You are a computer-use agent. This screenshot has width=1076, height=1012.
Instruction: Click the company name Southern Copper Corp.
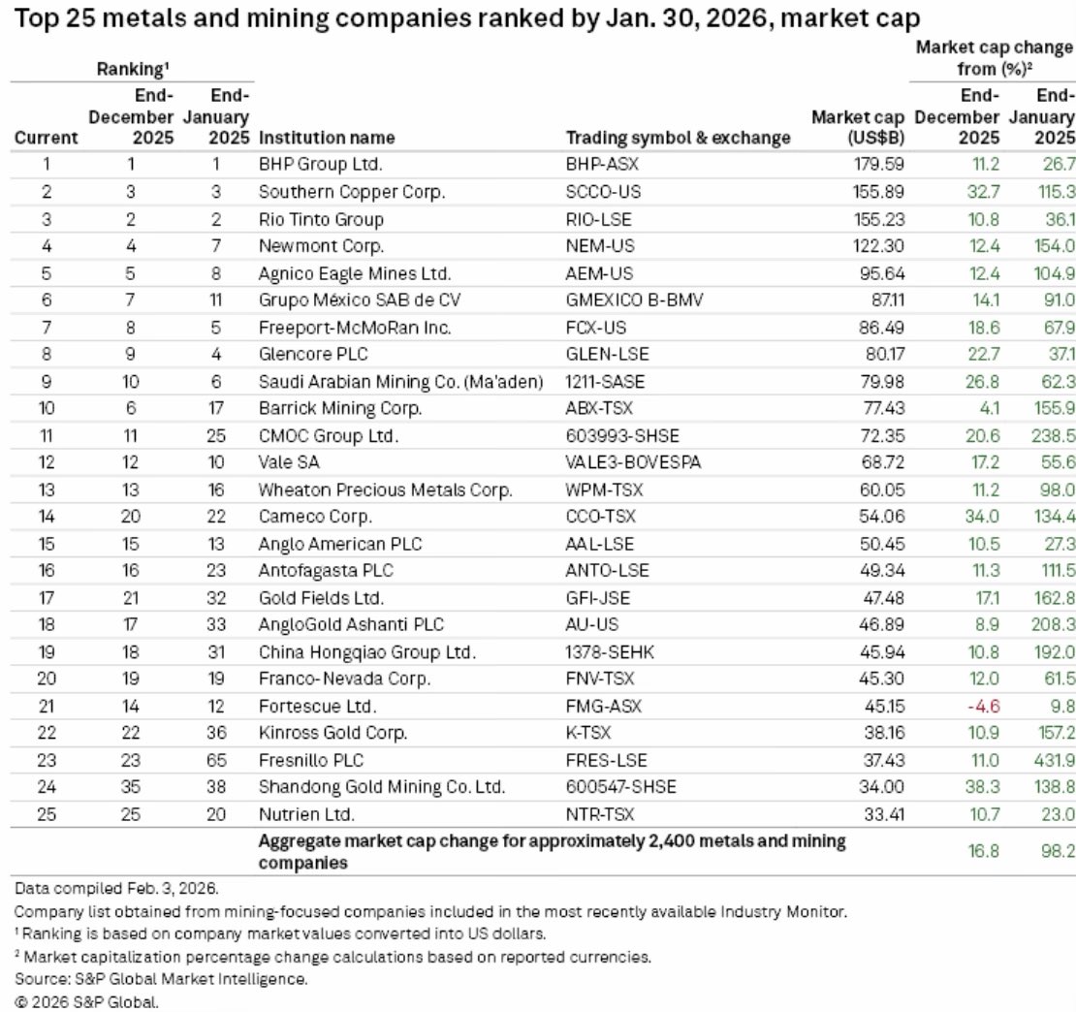(x=352, y=192)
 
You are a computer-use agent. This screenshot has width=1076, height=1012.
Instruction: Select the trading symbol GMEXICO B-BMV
(x=635, y=300)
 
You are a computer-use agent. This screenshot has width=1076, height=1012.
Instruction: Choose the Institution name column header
(x=328, y=138)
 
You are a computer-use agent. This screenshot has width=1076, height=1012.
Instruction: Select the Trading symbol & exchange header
(x=678, y=138)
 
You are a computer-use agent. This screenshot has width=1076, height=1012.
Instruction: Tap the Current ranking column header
(x=47, y=138)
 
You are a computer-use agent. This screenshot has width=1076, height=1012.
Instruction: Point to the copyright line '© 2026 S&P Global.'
(x=86, y=1001)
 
